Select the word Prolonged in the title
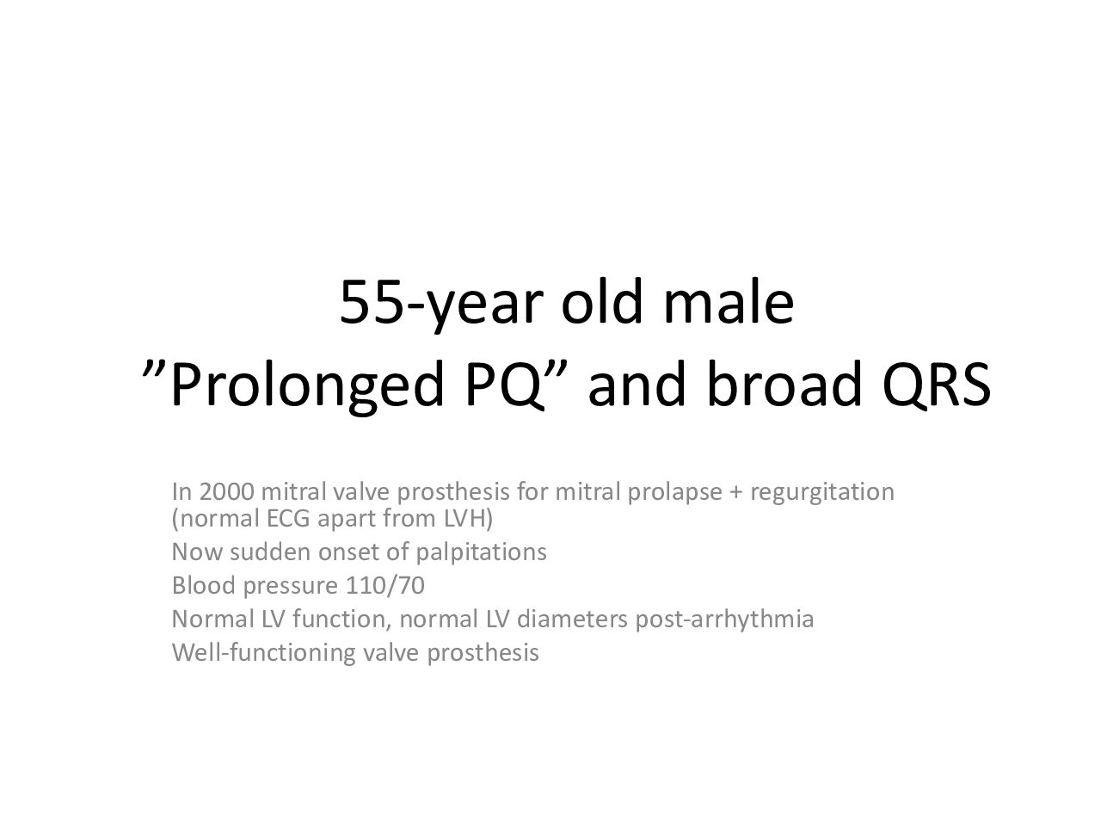(307, 386)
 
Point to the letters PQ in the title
(506, 384)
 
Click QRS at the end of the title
(937, 383)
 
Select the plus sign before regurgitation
(735, 493)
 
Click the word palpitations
(481, 553)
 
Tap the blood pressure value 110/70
(384, 586)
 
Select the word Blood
(203, 585)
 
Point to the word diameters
(572, 619)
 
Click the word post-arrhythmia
(724, 619)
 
